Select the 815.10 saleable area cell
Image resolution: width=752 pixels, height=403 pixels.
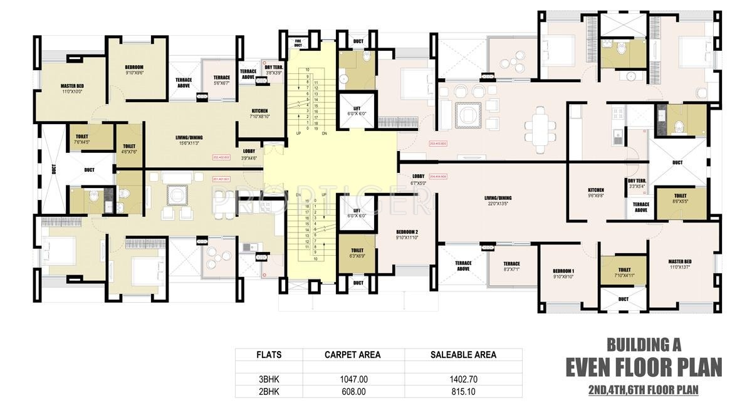[x=463, y=392]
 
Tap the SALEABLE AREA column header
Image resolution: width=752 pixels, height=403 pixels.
[x=463, y=355]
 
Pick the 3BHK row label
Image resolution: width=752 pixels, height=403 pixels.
[x=269, y=380]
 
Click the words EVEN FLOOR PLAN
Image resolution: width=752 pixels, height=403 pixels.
[x=644, y=367]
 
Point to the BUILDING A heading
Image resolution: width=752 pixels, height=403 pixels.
[x=644, y=344]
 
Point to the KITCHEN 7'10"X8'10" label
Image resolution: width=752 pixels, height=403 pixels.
[x=259, y=113]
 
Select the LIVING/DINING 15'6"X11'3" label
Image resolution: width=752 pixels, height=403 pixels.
[x=189, y=140]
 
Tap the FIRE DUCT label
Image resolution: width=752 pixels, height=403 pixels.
[x=298, y=43]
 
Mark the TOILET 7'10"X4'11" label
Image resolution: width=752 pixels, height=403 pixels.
[x=624, y=273]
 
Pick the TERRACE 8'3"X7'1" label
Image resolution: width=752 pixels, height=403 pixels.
[x=511, y=266]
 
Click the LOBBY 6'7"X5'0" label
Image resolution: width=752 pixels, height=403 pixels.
[x=419, y=180]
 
